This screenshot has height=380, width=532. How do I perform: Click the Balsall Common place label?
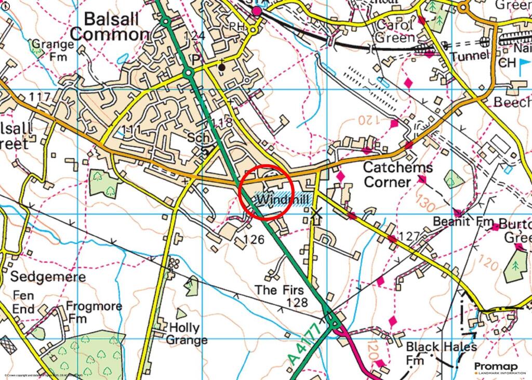(109, 27)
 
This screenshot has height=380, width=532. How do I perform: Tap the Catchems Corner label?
(398, 175)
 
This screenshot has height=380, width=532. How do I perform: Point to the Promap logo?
(496, 368)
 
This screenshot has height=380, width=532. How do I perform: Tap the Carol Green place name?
(395, 31)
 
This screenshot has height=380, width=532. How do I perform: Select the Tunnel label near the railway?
(470, 56)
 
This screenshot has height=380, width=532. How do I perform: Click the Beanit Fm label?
(464, 222)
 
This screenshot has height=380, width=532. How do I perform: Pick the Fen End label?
(23, 302)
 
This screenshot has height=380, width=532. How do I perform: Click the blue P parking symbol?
(196, 60)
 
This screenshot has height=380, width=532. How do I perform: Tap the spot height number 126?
(247, 240)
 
